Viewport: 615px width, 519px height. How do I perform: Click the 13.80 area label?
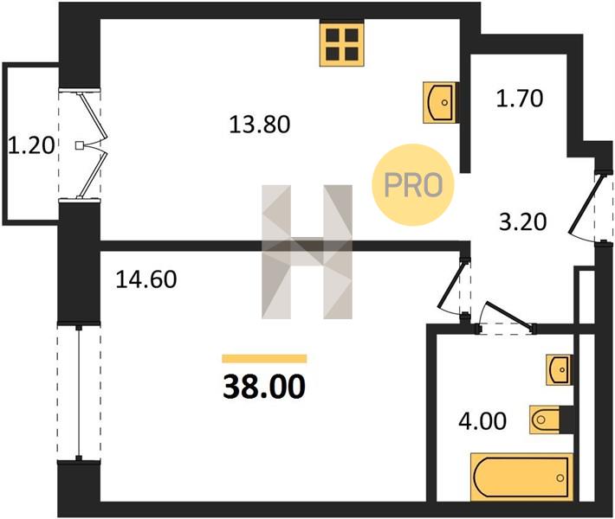click(259, 125)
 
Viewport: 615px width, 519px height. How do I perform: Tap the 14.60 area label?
click(146, 279)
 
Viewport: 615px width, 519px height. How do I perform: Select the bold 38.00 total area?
click(264, 386)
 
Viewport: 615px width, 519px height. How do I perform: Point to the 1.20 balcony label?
click(31, 145)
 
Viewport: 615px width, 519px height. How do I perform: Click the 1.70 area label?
click(520, 99)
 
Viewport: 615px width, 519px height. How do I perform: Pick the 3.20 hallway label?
click(523, 222)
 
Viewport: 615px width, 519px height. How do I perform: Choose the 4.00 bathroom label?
click(482, 421)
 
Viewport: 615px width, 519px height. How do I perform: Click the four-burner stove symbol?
click(341, 43)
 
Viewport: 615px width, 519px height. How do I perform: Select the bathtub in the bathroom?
click(521, 477)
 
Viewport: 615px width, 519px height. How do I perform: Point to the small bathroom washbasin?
click(560, 369)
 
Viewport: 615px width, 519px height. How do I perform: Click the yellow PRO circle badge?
click(412, 185)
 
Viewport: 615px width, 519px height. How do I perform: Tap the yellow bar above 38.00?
click(264, 358)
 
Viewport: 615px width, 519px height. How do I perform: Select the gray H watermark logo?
click(307, 252)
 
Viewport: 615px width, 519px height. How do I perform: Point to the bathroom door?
click(506, 317)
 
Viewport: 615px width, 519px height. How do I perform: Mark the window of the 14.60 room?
click(79, 393)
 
